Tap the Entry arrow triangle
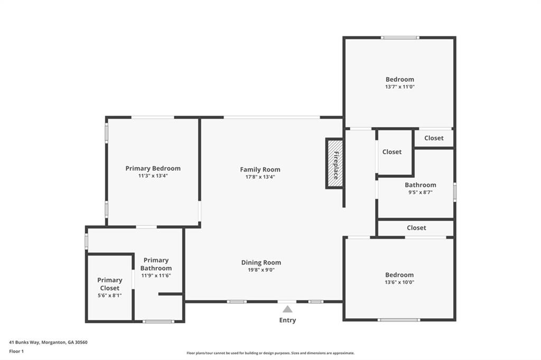tap(287, 309)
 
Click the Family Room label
tap(260, 169)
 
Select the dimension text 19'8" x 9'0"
tap(261, 270)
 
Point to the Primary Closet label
tap(109, 284)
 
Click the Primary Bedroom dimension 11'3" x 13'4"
tap(153, 176)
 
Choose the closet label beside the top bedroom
tap(434, 138)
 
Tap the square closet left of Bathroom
tap(392, 151)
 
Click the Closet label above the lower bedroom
tap(416, 228)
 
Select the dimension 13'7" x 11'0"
tap(399, 87)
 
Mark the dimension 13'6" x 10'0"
tap(399, 282)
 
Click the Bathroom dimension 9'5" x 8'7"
tap(420, 192)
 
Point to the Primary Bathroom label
tap(156, 264)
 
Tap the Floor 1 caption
tap(17, 350)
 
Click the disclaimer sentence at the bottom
tap(270, 353)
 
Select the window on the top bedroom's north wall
tap(400, 37)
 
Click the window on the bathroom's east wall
tap(454, 192)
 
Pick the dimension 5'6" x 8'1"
tap(109, 296)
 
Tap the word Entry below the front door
tap(287, 320)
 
